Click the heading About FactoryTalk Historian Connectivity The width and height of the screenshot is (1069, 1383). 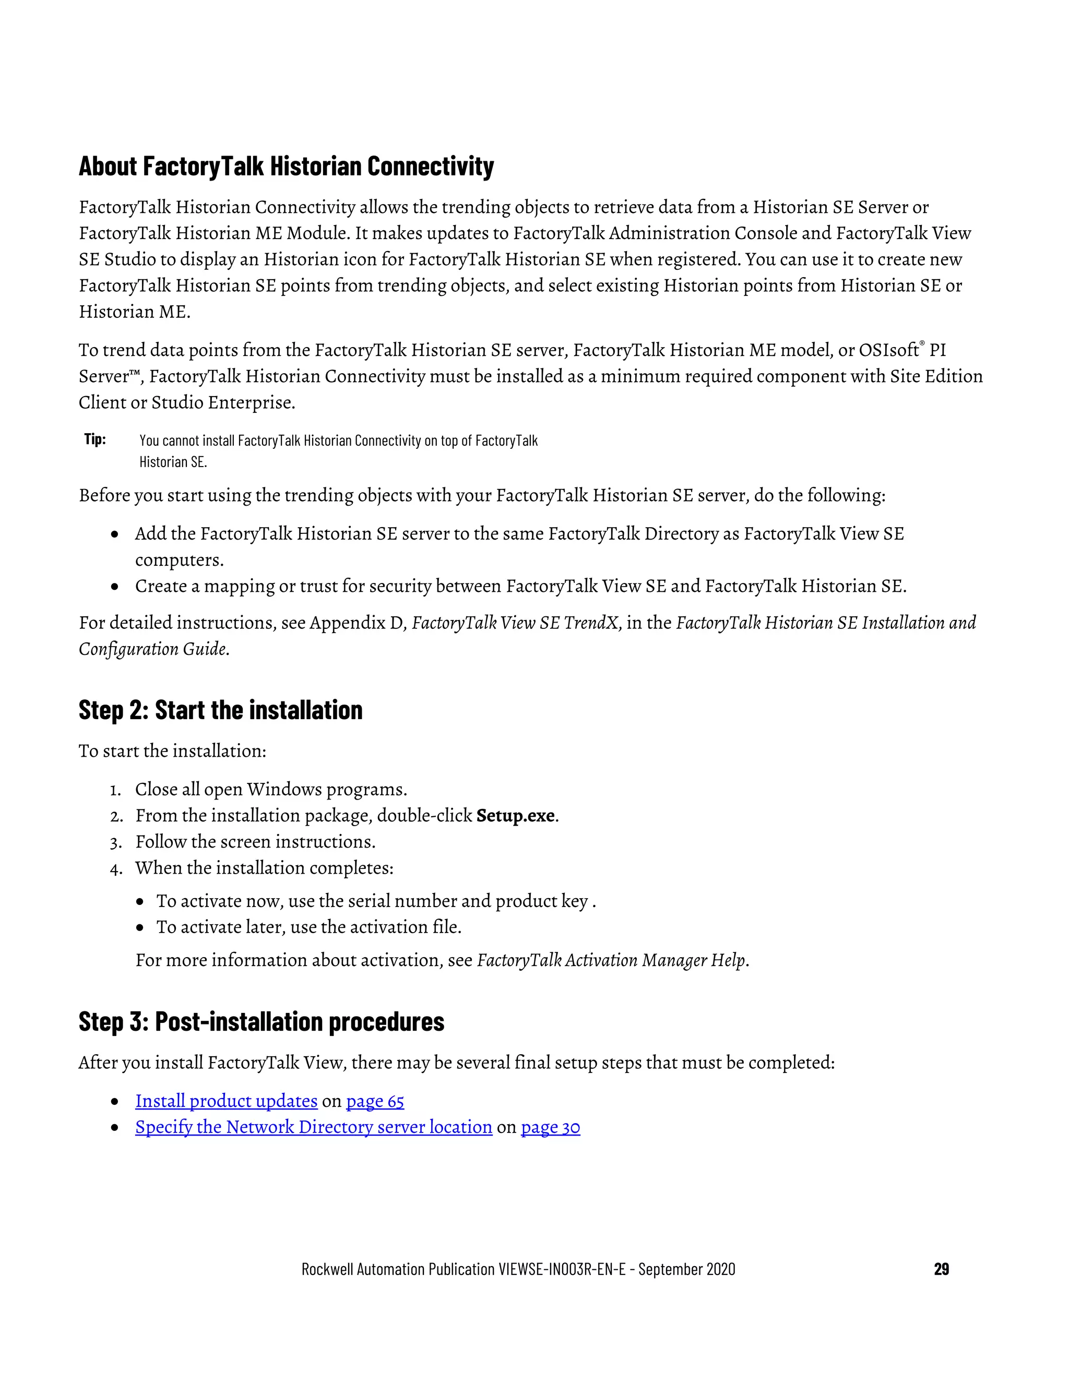[286, 166]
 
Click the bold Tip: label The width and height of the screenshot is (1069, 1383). [95, 439]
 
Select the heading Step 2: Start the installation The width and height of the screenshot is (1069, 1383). [220, 710]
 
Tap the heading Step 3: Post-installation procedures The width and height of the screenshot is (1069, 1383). [261, 1021]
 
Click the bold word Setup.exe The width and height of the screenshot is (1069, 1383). [516, 816]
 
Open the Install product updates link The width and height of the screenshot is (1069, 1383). [226, 1101]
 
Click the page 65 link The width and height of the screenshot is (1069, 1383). [375, 1101]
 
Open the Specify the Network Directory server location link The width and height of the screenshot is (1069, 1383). [314, 1127]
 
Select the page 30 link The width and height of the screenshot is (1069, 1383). [550, 1127]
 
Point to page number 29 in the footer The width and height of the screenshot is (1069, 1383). [941, 1269]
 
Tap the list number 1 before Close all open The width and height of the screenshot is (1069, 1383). [115, 790]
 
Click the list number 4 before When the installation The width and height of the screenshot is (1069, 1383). [115, 868]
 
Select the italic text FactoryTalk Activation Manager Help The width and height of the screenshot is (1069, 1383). [612, 960]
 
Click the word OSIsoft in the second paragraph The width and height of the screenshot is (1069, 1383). [888, 350]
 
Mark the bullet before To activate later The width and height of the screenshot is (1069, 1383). [140, 928]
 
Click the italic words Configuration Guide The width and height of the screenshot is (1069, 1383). [152, 649]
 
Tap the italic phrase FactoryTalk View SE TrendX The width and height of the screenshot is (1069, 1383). [514, 623]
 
